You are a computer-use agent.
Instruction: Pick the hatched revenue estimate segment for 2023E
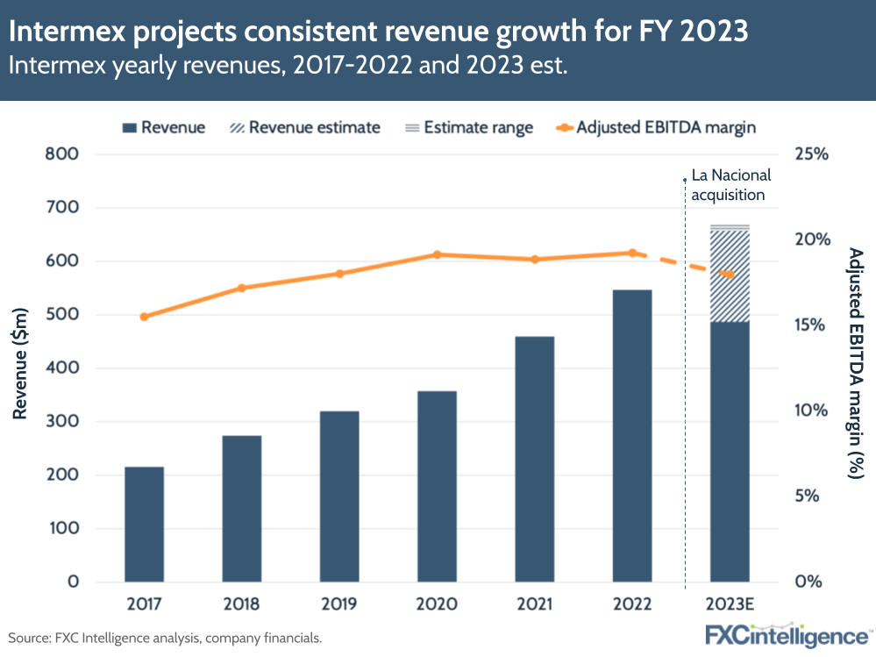coord(730,275)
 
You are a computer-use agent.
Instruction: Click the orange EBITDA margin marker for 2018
coord(242,288)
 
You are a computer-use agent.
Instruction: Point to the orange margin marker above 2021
coord(535,260)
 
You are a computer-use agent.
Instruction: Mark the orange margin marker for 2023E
coord(730,275)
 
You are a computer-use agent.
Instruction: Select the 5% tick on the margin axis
coord(814,496)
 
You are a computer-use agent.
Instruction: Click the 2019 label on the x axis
coord(339,605)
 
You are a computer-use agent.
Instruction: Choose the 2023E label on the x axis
coord(730,605)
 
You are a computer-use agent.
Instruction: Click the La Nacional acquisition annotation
coord(728,185)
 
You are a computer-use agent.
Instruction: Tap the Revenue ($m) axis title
coord(20,363)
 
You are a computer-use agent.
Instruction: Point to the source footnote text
coord(166,639)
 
